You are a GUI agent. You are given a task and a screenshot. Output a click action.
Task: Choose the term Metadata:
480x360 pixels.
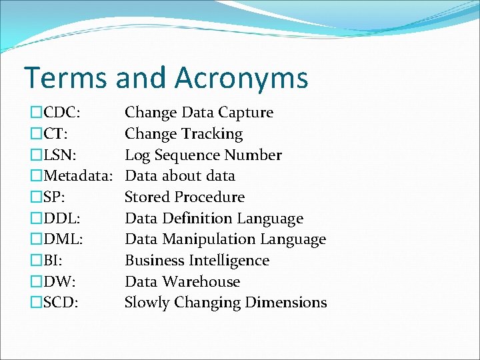79,176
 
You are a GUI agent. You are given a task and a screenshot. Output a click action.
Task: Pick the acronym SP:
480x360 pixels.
57,197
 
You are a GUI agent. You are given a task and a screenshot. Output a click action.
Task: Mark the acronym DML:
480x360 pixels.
63,239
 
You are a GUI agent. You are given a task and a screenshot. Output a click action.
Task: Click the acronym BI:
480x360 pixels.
56,261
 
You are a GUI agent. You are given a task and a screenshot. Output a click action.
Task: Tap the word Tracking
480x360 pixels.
213,134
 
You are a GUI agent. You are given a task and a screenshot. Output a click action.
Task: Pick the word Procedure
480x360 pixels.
209,197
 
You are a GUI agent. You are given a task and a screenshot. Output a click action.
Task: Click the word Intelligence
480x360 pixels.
228,261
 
